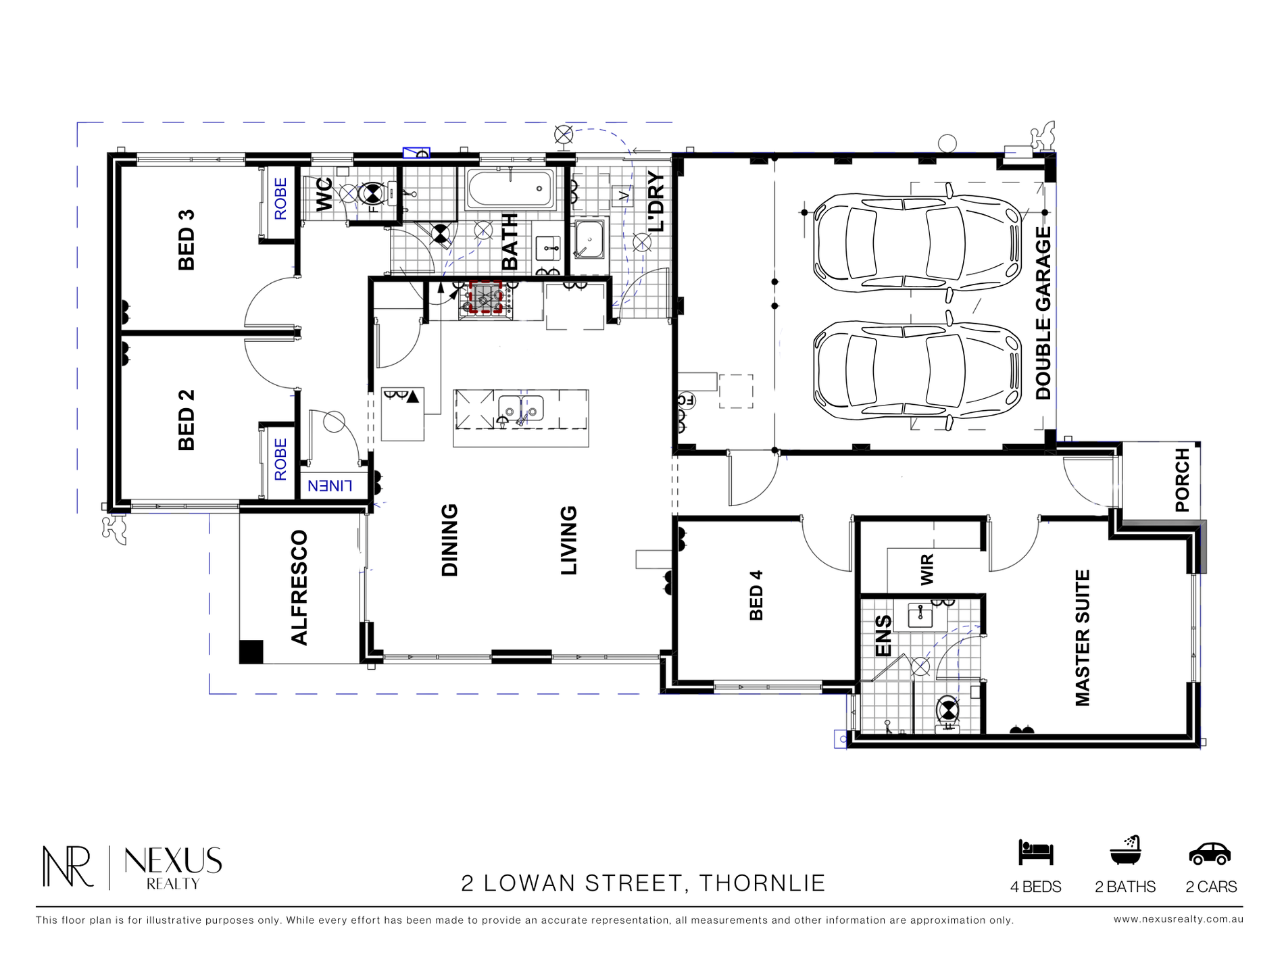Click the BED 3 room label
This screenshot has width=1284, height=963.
click(187, 240)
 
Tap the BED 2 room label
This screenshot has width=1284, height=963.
click(187, 420)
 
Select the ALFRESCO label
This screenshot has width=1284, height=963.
click(299, 588)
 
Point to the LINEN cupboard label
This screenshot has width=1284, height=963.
click(330, 485)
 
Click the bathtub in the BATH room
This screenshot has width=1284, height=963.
click(510, 189)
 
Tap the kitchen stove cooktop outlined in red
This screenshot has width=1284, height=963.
click(485, 298)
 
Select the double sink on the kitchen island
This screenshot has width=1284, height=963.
click(521, 408)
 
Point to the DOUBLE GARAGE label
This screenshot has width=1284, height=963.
click(1044, 313)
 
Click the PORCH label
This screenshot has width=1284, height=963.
click(1182, 480)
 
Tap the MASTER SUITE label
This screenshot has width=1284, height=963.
click(1083, 639)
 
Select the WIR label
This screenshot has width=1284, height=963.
click(927, 569)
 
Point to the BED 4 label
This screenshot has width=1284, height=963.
click(756, 595)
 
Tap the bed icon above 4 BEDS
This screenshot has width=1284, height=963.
click(1036, 853)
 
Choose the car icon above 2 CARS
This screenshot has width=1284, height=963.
click(1210, 854)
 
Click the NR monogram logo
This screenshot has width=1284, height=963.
click(68, 866)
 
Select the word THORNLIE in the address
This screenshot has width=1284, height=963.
click(762, 883)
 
